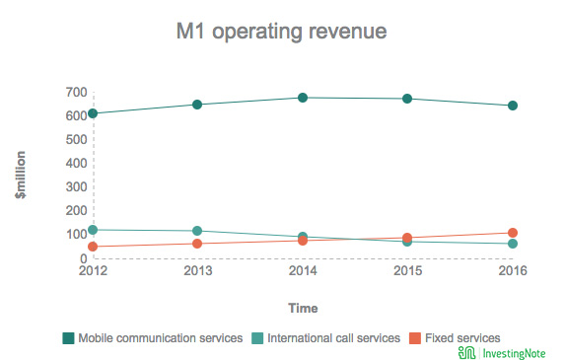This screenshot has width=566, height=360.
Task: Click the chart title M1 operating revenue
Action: click(x=282, y=32)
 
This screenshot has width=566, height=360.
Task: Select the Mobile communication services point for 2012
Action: click(x=93, y=113)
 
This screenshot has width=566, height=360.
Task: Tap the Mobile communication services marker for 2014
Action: click(x=303, y=98)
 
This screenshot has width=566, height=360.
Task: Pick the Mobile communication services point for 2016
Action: click(x=513, y=106)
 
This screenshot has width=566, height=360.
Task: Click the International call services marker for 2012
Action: click(x=93, y=230)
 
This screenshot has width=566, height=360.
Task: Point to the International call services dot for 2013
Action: click(x=197, y=231)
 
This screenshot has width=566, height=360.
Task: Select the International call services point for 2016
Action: click(x=513, y=244)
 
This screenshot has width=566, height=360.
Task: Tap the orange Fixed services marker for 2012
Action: click(x=93, y=247)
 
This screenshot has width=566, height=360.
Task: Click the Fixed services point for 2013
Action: click(x=197, y=244)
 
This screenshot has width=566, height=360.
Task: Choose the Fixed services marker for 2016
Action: click(x=513, y=233)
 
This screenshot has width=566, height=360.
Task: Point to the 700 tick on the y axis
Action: click(x=76, y=93)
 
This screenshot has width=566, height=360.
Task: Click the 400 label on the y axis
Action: click(x=76, y=163)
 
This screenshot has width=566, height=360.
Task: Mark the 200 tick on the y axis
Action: click(x=76, y=210)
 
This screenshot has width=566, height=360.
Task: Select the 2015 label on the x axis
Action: click(x=407, y=270)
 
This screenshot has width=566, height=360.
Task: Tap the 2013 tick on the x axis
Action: click(x=198, y=270)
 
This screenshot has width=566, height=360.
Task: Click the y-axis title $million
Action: click(x=21, y=175)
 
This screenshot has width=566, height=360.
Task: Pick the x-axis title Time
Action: click(x=303, y=308)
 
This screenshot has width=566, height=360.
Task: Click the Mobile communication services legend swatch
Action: click(x=69, y=338)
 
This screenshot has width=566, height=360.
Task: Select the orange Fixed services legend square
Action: click(x=415, y=338)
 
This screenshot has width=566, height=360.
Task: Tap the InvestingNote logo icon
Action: click(x=466, y=353)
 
